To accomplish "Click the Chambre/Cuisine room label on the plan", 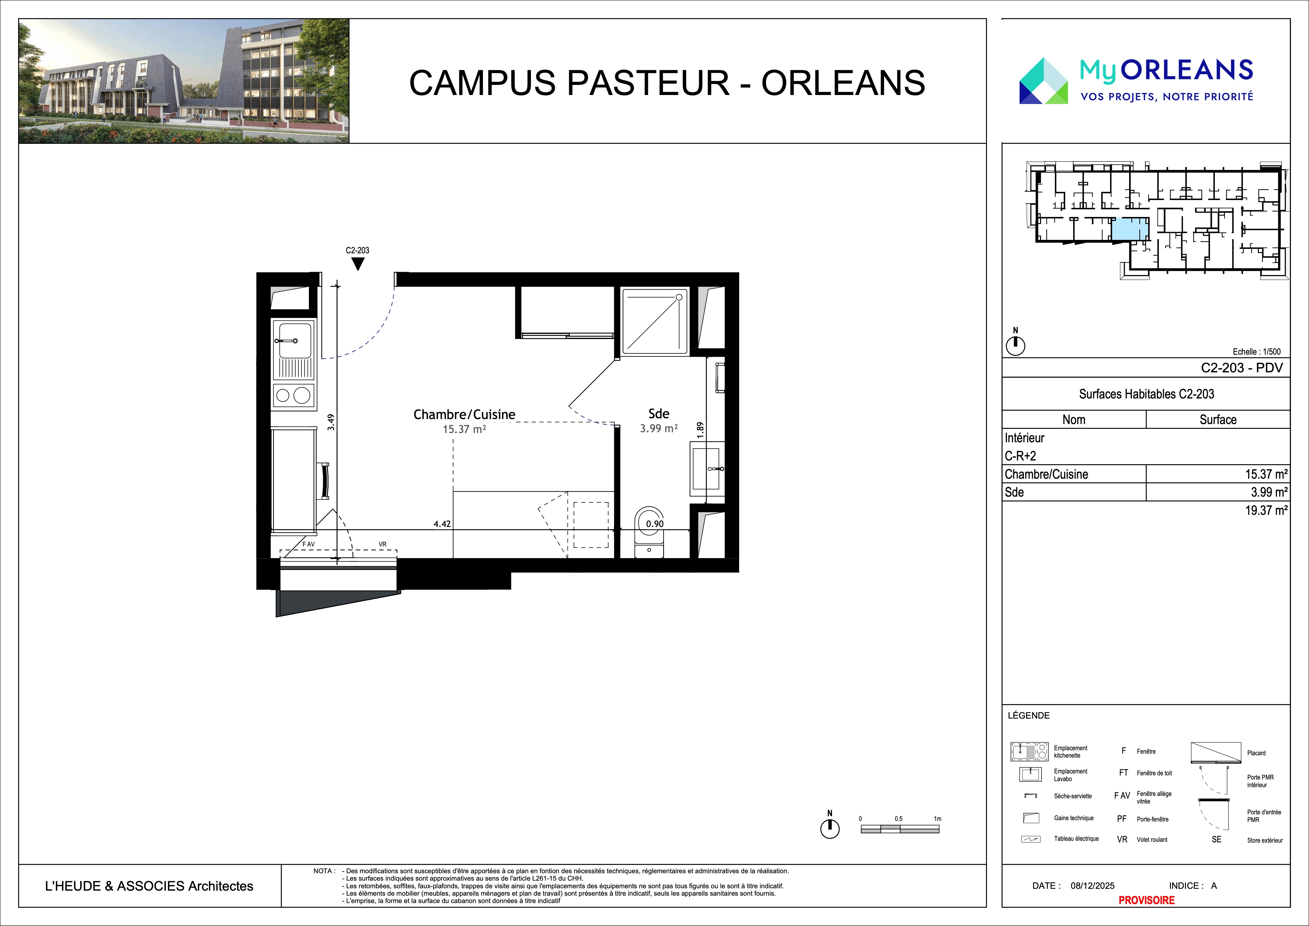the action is coord(464,415).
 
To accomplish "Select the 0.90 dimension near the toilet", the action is coord(654,524).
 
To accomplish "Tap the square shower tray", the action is coord(654,321).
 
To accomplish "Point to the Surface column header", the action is coord(1218,420).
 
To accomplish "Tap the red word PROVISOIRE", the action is coord(1146,900).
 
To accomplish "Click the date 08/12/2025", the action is coord(1092,886).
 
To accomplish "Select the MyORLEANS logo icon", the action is coord(1043,81).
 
